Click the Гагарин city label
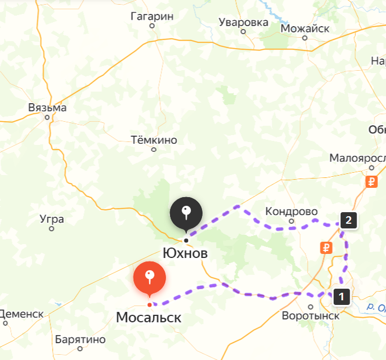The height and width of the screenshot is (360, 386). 152,16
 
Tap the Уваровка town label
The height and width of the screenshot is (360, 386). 243,23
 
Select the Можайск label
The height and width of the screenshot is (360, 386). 305,28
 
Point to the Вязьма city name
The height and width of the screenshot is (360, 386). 48,108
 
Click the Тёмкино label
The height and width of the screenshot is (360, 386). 154,140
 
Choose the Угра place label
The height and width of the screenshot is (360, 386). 52,219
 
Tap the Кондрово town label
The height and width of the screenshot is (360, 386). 292,211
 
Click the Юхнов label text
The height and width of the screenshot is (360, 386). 185,254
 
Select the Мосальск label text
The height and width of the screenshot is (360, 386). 149,318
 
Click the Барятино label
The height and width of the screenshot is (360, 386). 81,339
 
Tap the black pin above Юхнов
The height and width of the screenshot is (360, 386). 186,213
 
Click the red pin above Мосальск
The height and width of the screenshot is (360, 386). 150,278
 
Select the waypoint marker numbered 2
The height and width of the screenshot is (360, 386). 348,220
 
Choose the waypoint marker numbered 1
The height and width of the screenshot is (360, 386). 341,297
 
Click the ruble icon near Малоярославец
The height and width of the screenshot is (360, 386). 372,182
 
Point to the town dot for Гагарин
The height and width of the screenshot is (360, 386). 152,26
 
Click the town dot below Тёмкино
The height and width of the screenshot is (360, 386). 154,150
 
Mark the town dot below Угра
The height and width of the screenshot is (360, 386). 52,228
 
